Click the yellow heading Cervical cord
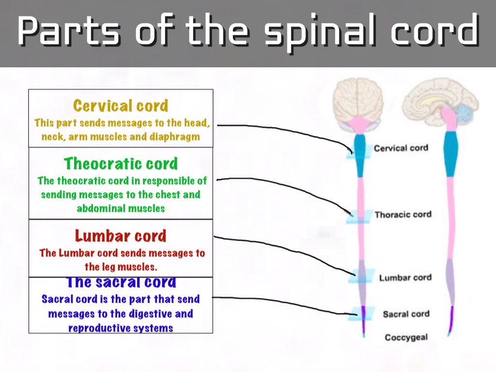(121, 106)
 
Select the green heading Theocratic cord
(121, 164)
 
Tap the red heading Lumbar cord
(121, 236)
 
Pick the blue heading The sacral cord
(121, 282)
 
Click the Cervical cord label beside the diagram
(401, 148)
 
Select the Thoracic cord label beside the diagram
(403, 214)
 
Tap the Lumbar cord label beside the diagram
(405, 278)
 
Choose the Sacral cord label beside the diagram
(406, 314)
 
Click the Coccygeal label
(406, 337)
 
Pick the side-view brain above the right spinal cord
(438, 100)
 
